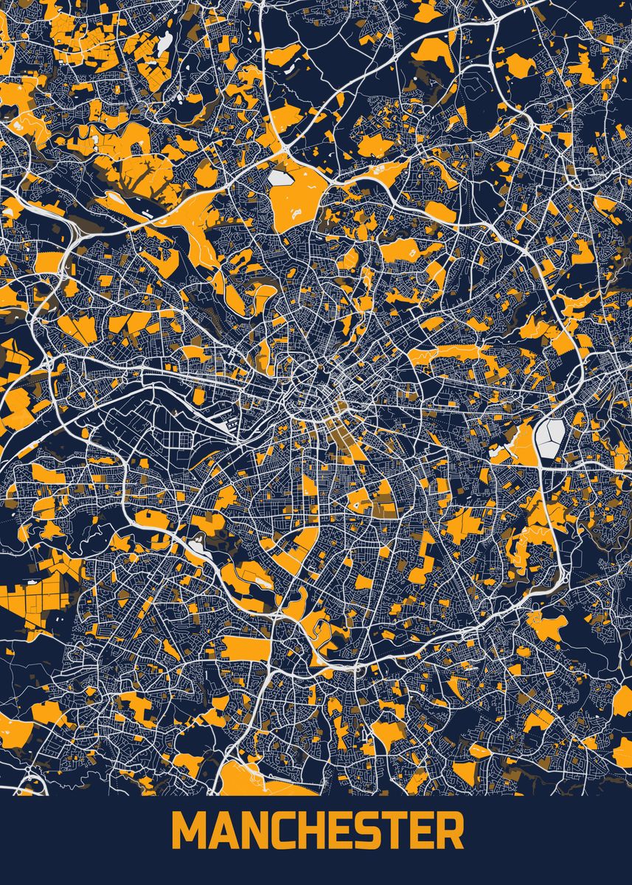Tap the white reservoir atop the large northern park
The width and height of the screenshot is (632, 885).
point(281,178)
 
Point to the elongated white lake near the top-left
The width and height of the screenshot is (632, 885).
point(164,44)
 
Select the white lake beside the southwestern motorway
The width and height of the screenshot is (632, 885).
point(197,546)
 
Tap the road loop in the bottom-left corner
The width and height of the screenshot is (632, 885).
point(33,782)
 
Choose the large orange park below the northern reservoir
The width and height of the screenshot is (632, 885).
point(295,199)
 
